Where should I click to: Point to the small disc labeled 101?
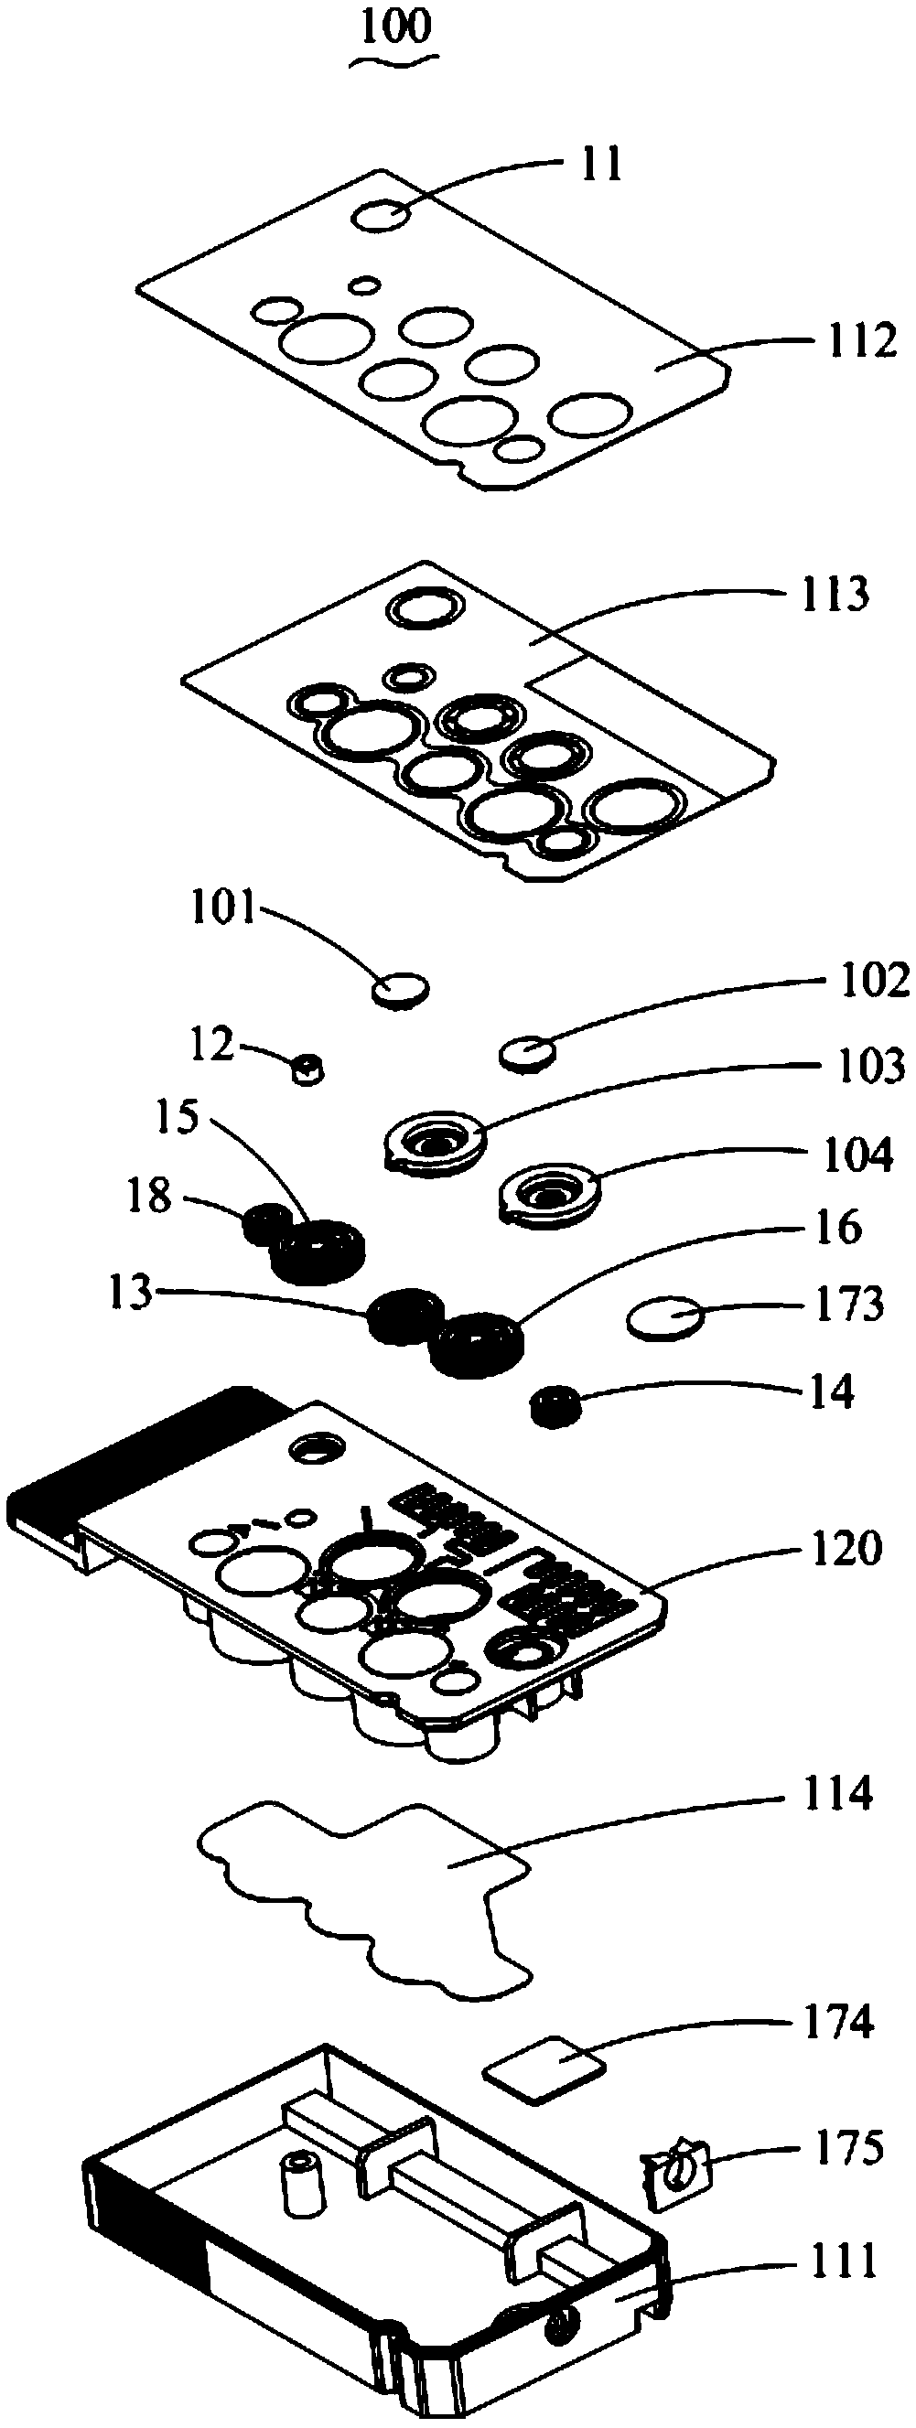[x=401, y=989]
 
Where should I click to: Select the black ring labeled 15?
[x=318, y=1250]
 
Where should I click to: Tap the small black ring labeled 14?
[x=555, y=1405]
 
